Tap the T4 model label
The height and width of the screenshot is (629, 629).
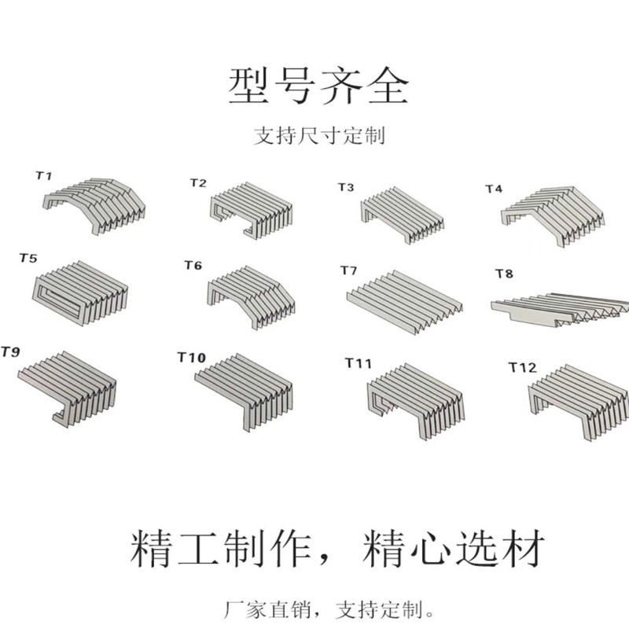(493, 189)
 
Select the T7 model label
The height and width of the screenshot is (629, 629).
(348, 271)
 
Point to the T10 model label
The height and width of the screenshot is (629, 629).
(191, 359)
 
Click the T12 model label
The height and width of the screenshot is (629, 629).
(522, 367)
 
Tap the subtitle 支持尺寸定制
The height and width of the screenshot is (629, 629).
(318, 136)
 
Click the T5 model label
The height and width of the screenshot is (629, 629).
(28, 259)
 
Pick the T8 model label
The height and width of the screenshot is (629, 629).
(503, 274)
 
